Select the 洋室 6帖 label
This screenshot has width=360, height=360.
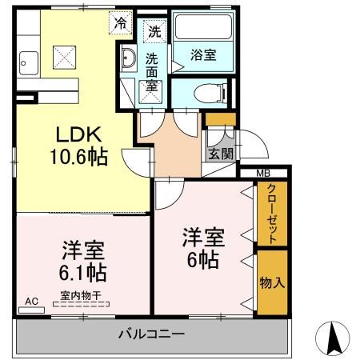click(203, 248)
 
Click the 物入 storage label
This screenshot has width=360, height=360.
click(271, 282)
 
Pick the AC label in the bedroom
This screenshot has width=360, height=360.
click(31, 302)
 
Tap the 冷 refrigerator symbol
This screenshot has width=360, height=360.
click(120, 25)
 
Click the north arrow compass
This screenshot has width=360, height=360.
click(337, 338)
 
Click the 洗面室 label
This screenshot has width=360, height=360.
click(152, 72)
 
